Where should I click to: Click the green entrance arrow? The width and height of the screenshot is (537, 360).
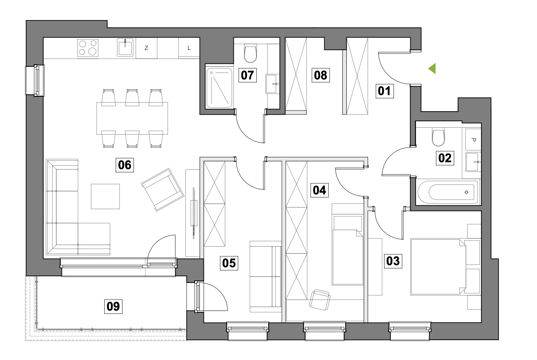(433, 69)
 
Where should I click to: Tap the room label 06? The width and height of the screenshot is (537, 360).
(125, 165)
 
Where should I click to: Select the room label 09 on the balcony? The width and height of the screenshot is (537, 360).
(113, 306)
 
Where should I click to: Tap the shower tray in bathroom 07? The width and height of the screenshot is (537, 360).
(219, 88)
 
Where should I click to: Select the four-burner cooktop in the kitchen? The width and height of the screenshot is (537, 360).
(88, 48)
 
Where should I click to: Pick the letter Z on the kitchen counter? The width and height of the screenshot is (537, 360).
(146, 48)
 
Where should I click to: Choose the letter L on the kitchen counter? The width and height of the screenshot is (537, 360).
(189, 48)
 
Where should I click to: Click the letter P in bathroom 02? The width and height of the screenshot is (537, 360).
(473, 140)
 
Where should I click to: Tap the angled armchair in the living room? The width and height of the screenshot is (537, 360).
(163, 190)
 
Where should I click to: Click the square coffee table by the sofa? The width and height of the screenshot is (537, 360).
(105, 197)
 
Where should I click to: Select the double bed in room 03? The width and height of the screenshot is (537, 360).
(438, 267)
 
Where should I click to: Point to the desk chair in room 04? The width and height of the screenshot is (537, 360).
(320, 299)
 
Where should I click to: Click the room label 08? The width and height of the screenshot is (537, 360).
(320, 75)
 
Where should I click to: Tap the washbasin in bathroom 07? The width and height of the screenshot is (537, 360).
(272, 84)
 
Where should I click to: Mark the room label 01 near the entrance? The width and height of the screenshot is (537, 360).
(384, 91)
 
